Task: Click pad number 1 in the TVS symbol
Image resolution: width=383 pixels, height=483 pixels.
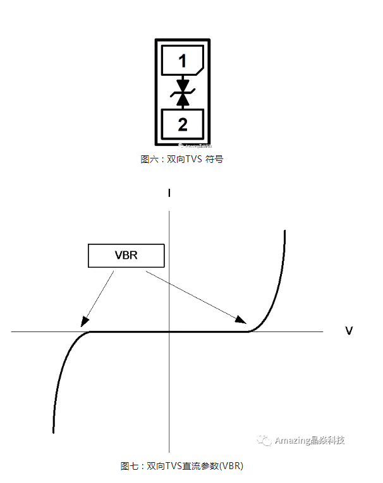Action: pos(182,62)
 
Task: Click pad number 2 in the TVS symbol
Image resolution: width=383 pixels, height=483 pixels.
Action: pos(182,124)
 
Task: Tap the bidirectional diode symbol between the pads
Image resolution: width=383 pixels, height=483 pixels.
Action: pos(183,92)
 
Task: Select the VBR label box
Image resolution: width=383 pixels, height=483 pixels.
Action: pos(126,255)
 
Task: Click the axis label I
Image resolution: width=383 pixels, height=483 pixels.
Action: pos(169,193)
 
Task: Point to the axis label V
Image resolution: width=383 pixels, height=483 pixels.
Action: pos(349,331)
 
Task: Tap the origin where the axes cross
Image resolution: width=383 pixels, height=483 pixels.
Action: pos(169,331)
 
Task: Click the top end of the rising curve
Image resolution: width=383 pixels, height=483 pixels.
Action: pos(285,232)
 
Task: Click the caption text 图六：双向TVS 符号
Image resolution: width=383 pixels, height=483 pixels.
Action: pos(181,160)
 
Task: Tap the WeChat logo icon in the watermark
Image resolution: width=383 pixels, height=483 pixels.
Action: pos(265,440)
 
